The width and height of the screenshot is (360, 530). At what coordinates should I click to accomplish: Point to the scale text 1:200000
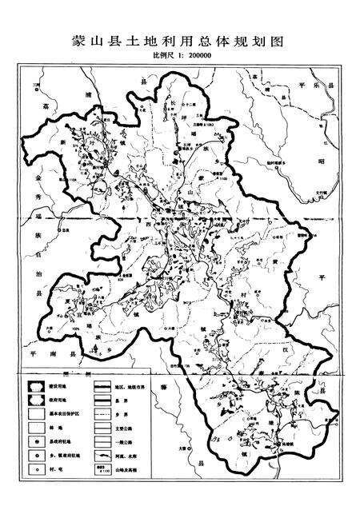(191, 58)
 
